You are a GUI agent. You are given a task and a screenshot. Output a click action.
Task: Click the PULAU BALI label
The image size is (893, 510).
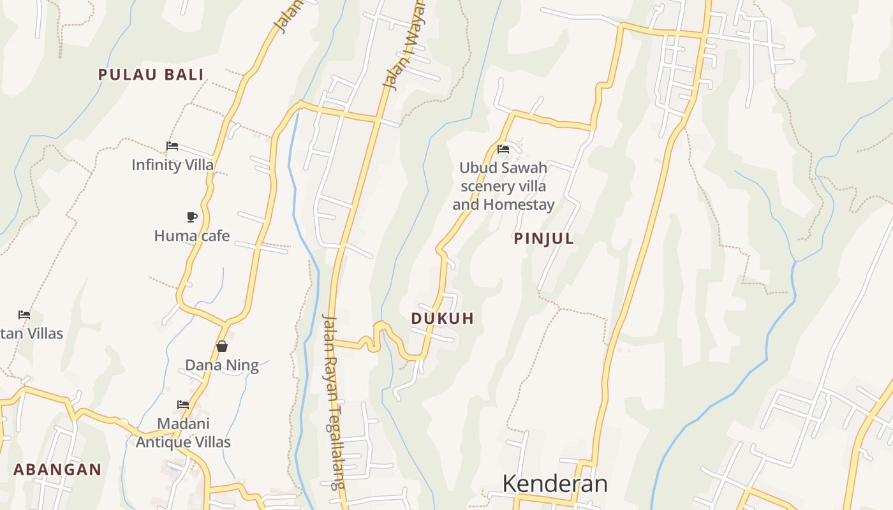[x=151, y=75]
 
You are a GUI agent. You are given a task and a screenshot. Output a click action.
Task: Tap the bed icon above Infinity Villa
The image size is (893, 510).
[x=172, y=146]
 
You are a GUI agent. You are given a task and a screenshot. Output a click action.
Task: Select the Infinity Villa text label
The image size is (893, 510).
[x=172, y=165]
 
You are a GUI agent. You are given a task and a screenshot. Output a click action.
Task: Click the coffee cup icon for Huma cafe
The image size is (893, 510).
[x=191, y=217]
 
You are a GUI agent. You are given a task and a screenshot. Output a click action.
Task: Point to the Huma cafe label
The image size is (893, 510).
[x=191, y=236]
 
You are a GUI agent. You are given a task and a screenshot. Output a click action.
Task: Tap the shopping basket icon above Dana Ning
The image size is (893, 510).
[x=221, y=346]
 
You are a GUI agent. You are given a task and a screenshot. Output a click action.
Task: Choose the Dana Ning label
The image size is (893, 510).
[x=221, y=365]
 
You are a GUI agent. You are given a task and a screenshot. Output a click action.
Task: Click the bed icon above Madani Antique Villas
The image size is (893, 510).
[x=183, y=404]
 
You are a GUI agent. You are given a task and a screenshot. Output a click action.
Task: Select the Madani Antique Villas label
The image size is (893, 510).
[x=183, y=433]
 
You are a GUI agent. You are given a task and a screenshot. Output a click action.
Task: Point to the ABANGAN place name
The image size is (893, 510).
[x=57, y=470]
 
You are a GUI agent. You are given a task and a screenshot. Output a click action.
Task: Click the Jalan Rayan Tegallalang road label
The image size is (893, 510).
[x=334, y=402]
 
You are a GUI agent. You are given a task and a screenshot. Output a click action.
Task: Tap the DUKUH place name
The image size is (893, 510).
[x=443, y=319]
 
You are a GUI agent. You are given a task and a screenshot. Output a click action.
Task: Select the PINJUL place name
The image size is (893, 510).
[x=544, y=239]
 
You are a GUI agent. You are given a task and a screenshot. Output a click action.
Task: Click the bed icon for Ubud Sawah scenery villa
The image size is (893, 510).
[x=503, y=150]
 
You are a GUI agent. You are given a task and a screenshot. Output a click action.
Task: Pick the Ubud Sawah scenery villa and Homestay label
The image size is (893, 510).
[x=503, y=186]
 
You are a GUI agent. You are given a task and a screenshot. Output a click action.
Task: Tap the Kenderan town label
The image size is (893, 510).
[x=555, y=484]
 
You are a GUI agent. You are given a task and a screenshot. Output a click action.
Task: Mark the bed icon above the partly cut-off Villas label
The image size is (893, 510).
[x=24, y=314]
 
